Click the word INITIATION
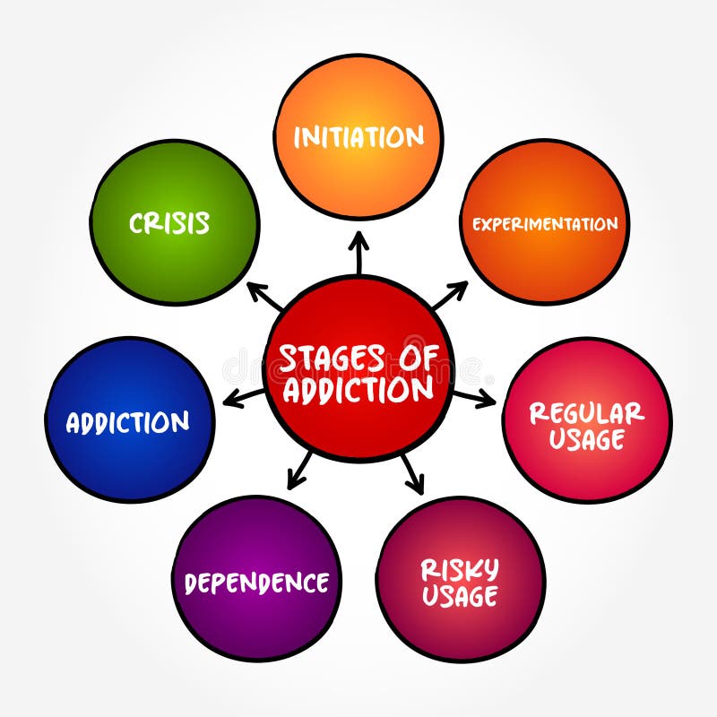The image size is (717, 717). tap(358, 137)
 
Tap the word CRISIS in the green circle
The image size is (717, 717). tap(169, 222)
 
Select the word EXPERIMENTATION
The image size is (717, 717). tap(545, 223)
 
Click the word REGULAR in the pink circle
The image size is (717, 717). tap(586, 413)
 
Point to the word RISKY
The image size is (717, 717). tap(460, 569)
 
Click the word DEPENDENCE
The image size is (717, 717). tap(256, 583)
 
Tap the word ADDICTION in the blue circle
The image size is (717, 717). tap(127, 422)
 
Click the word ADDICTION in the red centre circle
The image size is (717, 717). tap(357, 390)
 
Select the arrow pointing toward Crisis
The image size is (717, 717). tap(263, 296)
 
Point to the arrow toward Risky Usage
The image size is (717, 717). tap(410, 472)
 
